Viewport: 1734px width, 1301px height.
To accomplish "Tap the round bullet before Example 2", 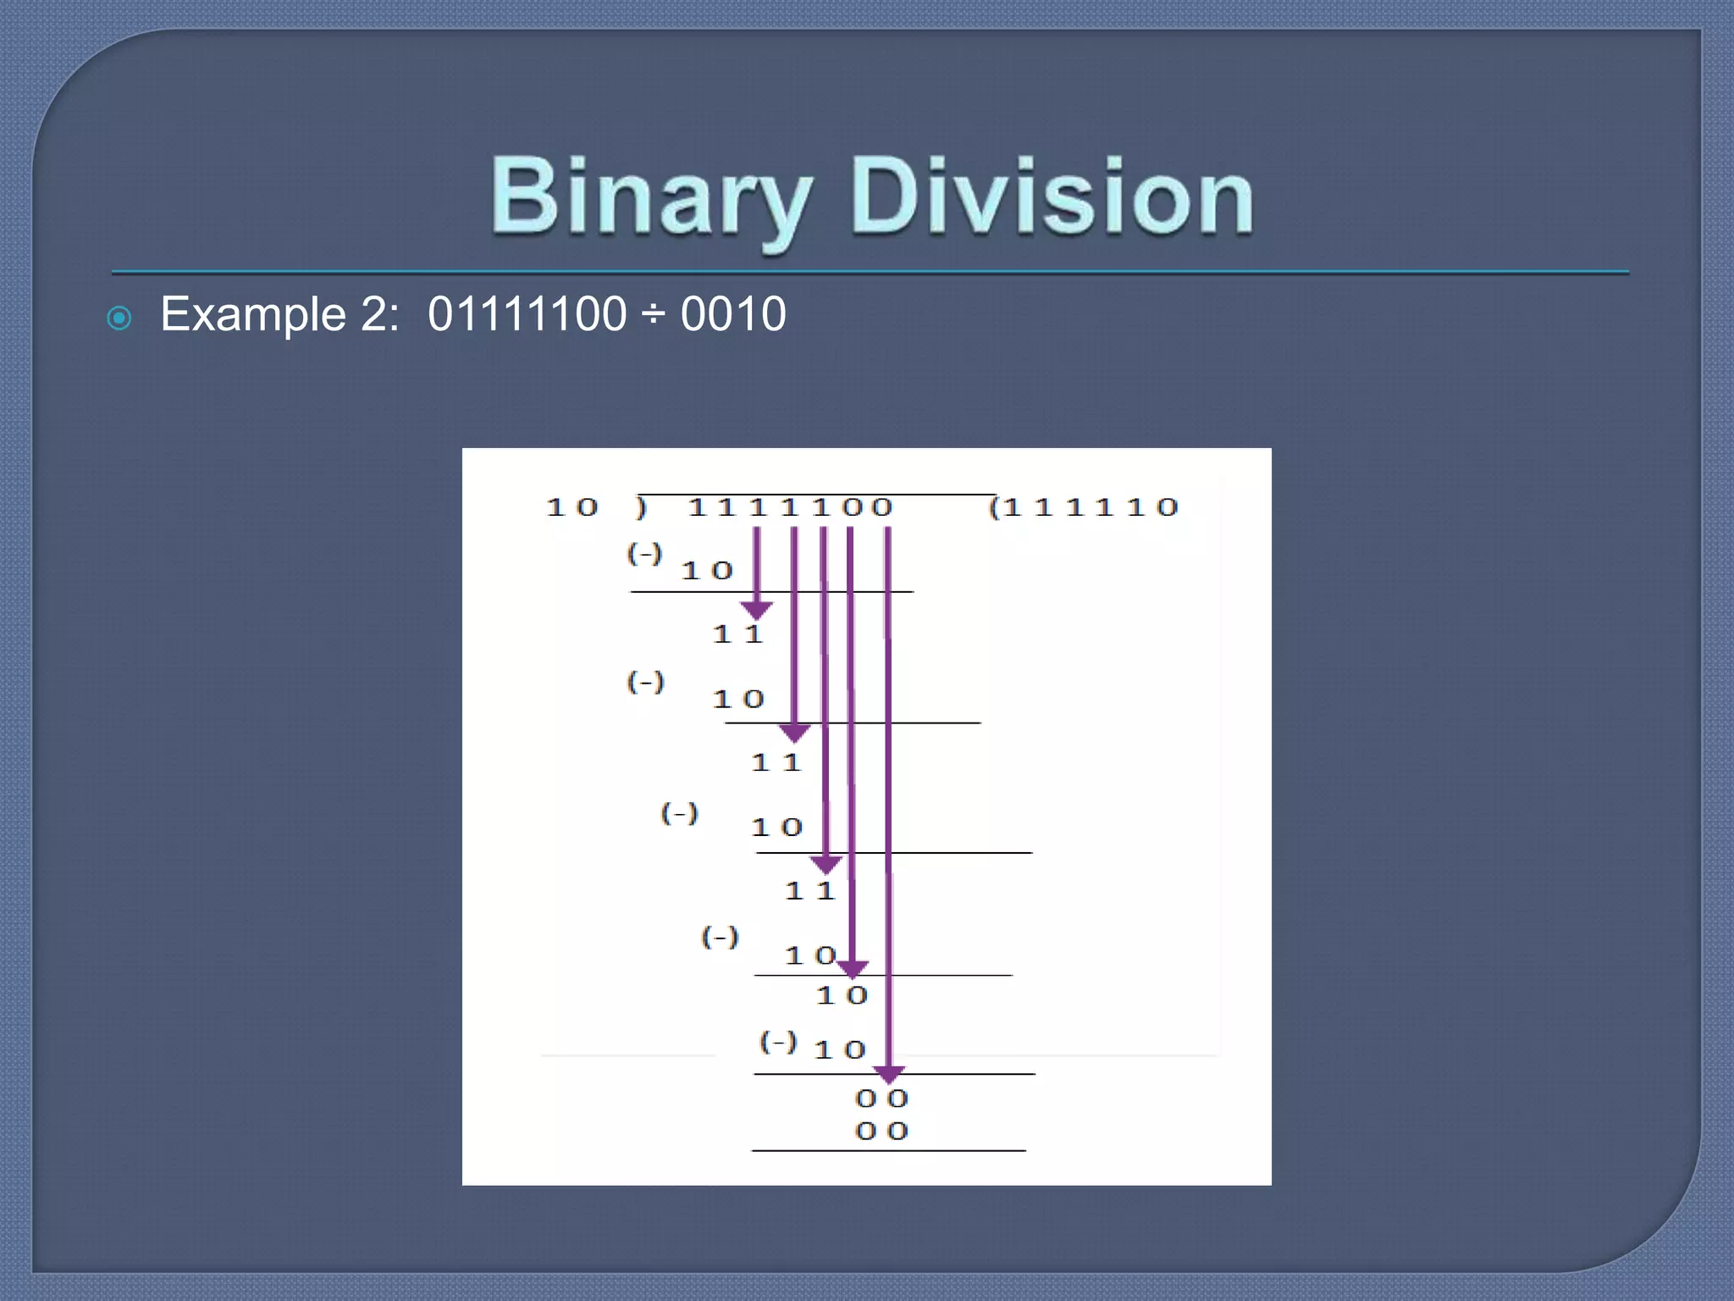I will (119, 318).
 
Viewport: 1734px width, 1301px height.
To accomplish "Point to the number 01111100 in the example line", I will (527, 314).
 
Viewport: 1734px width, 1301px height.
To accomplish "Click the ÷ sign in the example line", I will (653, 315).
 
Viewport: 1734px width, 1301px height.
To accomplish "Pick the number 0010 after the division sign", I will (733, 314).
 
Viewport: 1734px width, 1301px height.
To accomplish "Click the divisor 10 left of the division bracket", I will (572, 508).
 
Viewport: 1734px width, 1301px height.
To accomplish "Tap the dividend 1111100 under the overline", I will (791, 508).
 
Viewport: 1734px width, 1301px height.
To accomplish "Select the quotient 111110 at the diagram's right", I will (1085, 508).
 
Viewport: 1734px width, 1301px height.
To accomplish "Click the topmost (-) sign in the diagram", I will (644, 555).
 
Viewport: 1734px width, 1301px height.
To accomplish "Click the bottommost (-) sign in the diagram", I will (778, 1042).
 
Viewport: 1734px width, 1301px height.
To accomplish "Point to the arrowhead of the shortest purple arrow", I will (756, 610).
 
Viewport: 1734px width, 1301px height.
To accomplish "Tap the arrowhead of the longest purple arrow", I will (888, 1074).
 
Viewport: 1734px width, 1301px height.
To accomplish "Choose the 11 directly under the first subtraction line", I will (738, 634).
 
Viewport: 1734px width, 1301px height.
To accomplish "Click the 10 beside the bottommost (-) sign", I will (840, 1050).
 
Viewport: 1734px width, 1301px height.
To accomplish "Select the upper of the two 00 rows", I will (882, 1099).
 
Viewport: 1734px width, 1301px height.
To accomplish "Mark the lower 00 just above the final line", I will (882, 1132).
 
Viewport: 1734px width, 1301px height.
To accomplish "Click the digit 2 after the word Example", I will (373, 314).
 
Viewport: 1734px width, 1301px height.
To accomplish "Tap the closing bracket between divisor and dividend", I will (642, 508).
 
